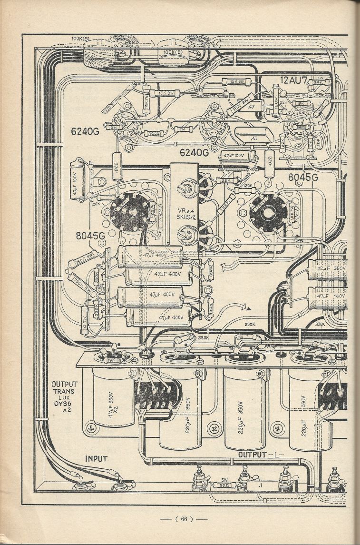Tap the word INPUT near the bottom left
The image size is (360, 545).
click(96, 459)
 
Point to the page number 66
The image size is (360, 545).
click(183, 519)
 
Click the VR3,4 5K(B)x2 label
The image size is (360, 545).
click(184, 216)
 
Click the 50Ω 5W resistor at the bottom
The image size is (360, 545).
click(226, 484)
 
